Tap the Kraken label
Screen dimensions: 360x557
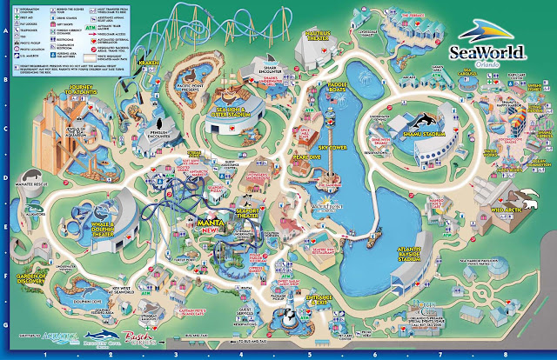point(149,66)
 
